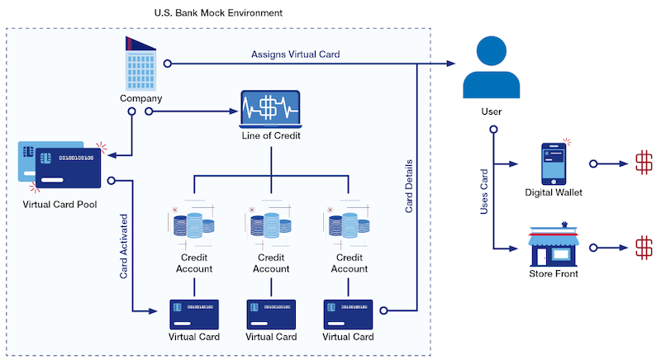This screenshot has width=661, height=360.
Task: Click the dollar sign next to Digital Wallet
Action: point(642,163)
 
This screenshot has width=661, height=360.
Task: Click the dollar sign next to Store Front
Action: point(642,247)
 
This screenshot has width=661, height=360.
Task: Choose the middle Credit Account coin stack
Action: point(271,225)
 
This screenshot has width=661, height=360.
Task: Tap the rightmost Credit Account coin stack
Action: point(348,225)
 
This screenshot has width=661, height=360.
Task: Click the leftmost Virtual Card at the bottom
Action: point(193,314)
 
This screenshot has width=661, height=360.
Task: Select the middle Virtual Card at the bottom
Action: point(271,314)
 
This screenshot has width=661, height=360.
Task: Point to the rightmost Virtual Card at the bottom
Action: point(348,314)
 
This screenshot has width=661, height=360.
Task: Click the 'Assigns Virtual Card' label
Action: point(295,54)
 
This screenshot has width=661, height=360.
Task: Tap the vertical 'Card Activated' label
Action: point(123,248)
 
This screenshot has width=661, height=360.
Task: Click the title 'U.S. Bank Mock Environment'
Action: point(218,13)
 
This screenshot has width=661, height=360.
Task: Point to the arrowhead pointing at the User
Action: point(454,64)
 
